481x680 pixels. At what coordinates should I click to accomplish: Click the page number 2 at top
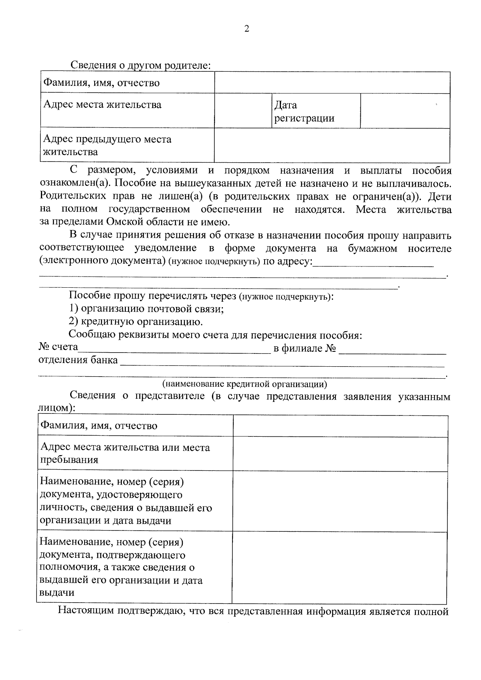point(246,28)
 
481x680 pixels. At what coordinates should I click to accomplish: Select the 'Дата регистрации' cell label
point(304,112)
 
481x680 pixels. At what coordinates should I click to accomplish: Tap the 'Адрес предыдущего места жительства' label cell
point(127,145)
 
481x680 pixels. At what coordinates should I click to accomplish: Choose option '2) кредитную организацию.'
point(135,322)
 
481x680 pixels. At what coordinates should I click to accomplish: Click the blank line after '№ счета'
point(174,348)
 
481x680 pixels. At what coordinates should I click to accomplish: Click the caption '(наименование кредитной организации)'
point(245,384)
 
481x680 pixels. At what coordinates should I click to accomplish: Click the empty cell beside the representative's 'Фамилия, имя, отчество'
point(340,426)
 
